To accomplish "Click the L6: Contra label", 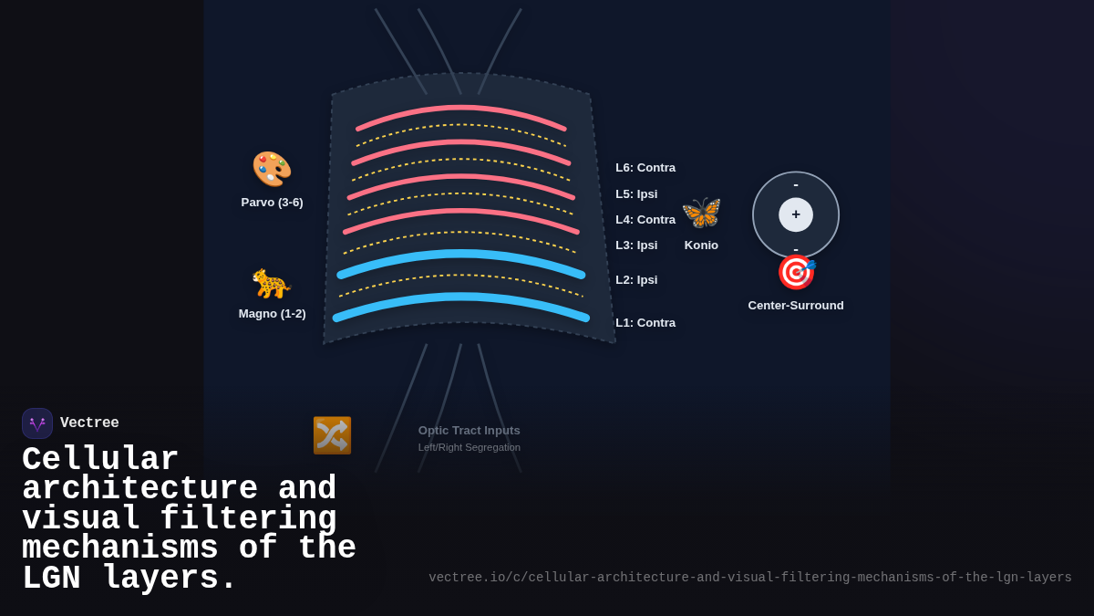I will [645, 168].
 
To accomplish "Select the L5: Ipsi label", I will [636, 194].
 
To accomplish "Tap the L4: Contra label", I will [645, 220].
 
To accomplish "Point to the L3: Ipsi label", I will [636, 245].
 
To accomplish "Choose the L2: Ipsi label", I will [636, 280].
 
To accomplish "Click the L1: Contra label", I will [645, 323].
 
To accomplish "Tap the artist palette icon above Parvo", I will [272, 170].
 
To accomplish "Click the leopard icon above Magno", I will [272, 284].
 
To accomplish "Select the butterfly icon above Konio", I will [701, 214].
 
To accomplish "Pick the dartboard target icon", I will [796, 272].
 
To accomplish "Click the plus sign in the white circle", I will [796, 214].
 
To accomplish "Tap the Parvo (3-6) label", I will [272, 203].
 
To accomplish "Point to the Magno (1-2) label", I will [272, 314].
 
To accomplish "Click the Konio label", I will [701, 245].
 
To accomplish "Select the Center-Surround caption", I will [796, 306].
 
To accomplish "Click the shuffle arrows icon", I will [332, 435].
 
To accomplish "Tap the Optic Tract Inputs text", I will [470, 431].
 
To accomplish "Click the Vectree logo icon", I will [37, 423].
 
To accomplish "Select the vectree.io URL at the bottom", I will [750, 578].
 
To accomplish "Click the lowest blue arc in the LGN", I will [461, 300].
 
